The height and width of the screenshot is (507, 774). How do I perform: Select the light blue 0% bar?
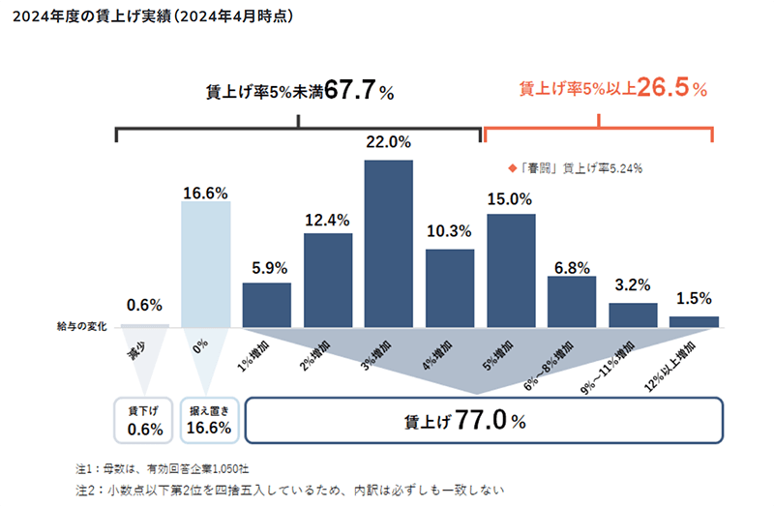click(x=206, y=263)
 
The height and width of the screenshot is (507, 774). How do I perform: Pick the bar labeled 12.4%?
click(x=327, y=280)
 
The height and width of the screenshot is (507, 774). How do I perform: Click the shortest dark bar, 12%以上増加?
click(x=694, y=321)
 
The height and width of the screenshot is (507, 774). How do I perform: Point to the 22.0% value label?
click(x=388, y=142)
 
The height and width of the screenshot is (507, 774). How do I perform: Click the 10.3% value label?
click(x=450, y=231)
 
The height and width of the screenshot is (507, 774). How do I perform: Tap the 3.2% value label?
click(x=633, y=285)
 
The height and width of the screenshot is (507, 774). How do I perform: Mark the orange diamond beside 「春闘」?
click(x=512, y=166)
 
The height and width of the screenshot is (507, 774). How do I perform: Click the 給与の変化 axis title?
click(x=81, y=327)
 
